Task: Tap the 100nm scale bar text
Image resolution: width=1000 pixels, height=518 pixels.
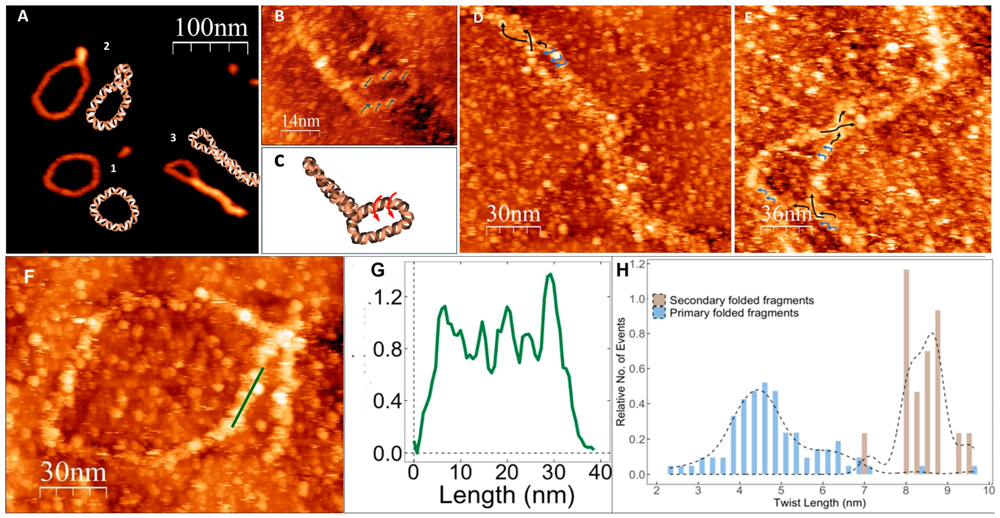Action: tap(211, 28)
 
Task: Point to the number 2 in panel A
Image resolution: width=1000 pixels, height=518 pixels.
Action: tap(106, 47)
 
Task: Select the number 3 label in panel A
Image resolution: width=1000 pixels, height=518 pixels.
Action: tap(173, 138)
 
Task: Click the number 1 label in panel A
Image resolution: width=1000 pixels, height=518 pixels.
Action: tap(113, 168)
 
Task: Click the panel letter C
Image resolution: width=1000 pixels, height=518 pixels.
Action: tap(279, 161)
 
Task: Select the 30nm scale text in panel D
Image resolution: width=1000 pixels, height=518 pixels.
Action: tap(513, 214)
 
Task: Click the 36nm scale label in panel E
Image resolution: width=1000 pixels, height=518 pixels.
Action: tap(786, 214)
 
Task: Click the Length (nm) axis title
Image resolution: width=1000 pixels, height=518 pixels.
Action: tap(506, 495)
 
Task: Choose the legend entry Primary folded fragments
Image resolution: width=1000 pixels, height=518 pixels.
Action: tap(734, 313)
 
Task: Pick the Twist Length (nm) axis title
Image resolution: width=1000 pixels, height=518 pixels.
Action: tap(820, 503)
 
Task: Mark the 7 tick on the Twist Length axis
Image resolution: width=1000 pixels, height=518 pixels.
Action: tap(864, 490)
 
